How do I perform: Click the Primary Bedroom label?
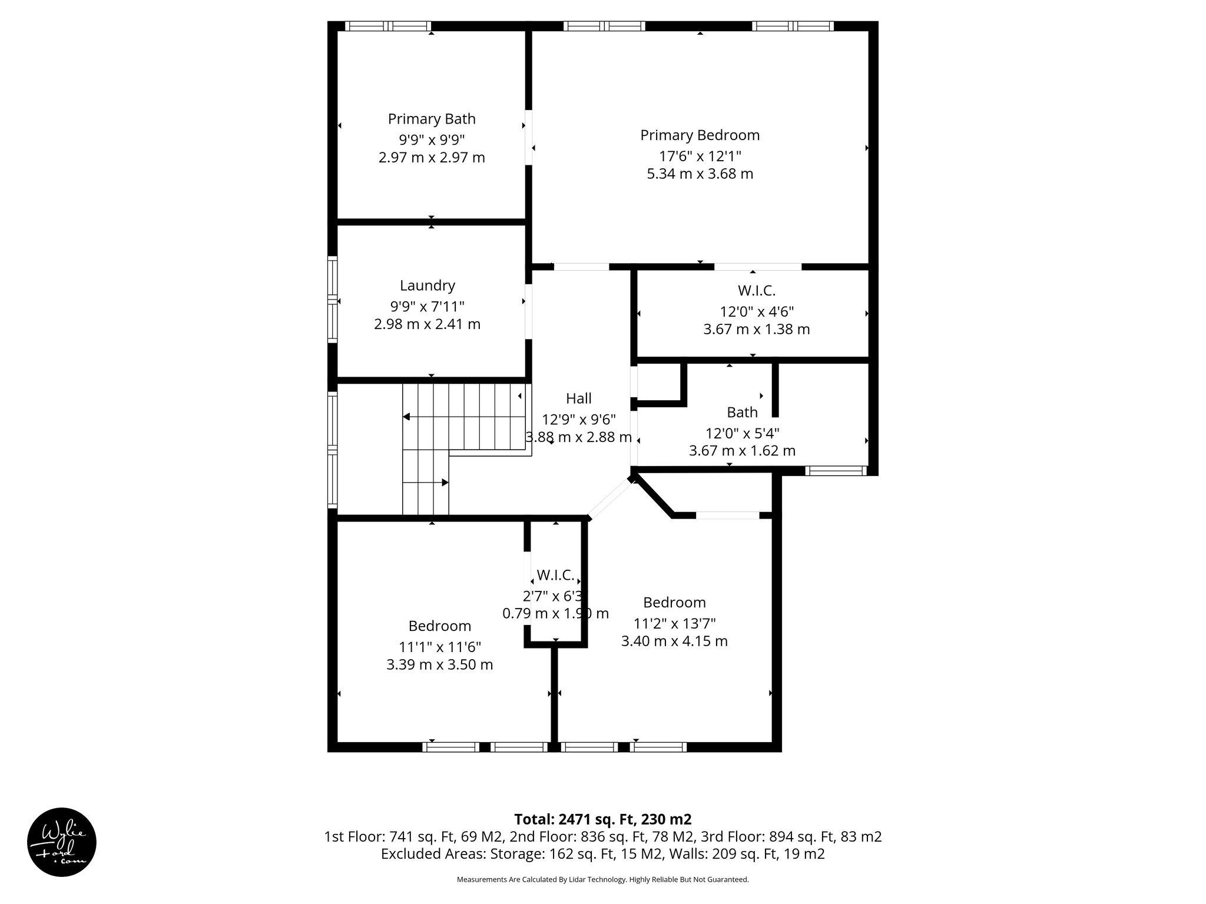point(700,135)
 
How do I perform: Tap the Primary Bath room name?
point(432,119)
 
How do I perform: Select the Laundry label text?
point(427,285)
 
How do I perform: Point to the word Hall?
point(578,398)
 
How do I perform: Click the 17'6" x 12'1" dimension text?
point(700,156)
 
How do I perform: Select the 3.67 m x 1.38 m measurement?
point(756,329)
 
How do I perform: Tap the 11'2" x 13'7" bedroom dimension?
point(674,623)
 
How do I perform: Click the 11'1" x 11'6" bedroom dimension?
point(439,647)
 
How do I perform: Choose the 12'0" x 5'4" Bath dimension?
point(742,433)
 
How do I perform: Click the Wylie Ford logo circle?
point(62,842)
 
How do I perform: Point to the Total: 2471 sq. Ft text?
point(602,819)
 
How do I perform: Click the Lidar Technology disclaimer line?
point(602,879)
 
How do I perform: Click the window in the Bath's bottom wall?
point(835,470)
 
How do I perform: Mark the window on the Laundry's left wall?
point(333,300)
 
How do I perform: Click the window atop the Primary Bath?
point(387,26)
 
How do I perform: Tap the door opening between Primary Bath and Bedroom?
point(528,137)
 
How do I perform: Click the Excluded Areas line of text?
point(602,853)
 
